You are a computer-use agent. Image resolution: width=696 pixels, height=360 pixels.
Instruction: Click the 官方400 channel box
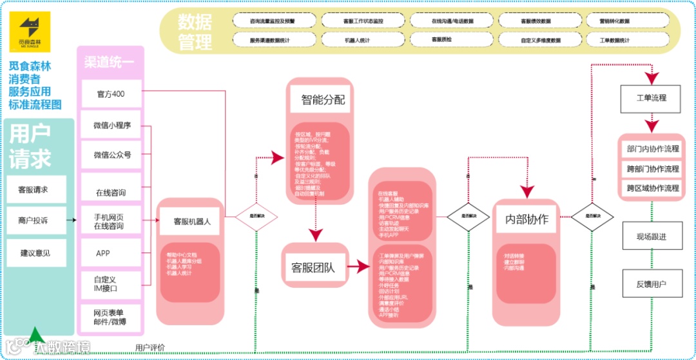coord(111,95)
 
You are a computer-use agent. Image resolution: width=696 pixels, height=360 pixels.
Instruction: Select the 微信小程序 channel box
coord(111,126)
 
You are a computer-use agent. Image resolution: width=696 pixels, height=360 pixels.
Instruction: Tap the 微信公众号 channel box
coord(111,155)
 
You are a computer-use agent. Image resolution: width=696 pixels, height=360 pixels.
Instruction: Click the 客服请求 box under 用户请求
coord(36,189)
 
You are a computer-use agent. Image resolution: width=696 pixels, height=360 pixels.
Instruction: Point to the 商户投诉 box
coord(36,221)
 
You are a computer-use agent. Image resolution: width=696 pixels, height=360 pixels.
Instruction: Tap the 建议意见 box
coord(36,252)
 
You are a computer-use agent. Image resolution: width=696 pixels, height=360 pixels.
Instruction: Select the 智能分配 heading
coord(323,100)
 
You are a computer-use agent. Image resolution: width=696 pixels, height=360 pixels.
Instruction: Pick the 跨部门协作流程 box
coord(652,169)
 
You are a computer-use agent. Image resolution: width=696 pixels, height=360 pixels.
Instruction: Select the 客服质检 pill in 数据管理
coord(441,39)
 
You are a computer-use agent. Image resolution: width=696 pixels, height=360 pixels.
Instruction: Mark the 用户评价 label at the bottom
coord(150,348)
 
